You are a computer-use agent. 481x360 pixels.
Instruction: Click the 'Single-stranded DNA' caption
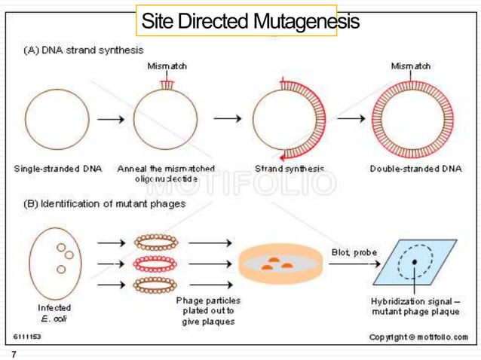tap(52, 168)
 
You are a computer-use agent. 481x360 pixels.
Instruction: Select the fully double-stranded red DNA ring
tap(411, 118)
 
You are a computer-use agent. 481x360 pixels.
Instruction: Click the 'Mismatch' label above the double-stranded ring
tap(411, 66)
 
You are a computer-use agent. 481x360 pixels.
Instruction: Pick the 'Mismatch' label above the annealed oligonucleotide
tap(167, 66)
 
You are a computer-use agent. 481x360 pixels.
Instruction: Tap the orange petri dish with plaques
tap(274, 265)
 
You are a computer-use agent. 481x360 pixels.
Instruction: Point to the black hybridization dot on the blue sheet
tap(414, 262)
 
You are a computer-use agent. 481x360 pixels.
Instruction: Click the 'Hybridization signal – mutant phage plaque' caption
tap(415, 307)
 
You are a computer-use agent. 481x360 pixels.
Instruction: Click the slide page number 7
tap(13, 353)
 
